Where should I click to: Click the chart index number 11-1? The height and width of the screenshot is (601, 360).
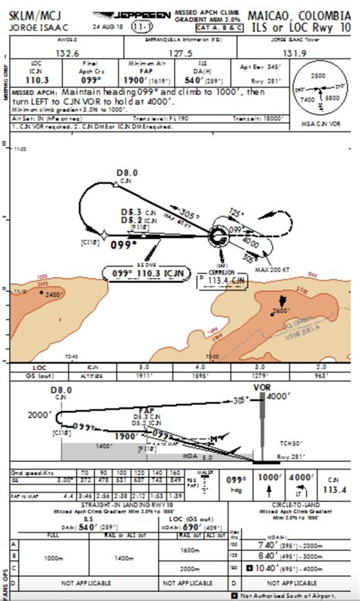[x=140, y=27]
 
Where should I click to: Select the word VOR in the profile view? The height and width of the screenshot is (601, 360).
[x=261, y=387]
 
